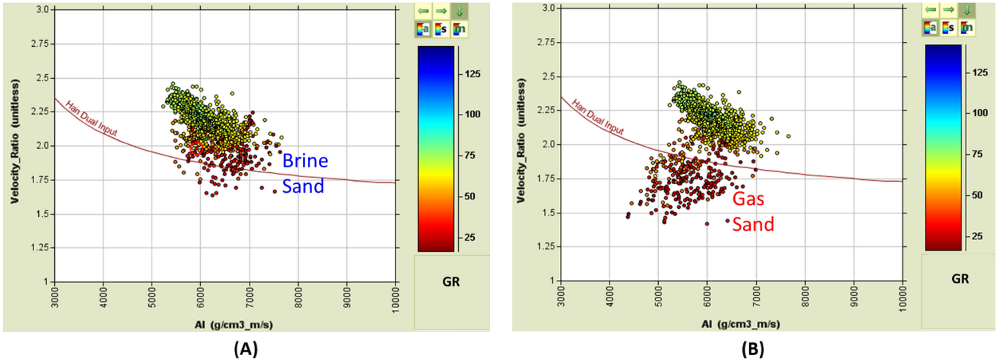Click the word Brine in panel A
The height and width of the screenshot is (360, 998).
pyautogui.click(x=305, y=161)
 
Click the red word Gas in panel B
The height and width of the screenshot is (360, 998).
pyautogui.click(x=748, y=199)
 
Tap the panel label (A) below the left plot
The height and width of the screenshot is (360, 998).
pyautogui.click(x=246, y=349)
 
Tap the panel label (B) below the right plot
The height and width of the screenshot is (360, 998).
pyautogui.click(x=752, y=349)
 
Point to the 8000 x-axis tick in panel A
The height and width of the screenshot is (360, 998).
pyautogui.click(x=298, y=297)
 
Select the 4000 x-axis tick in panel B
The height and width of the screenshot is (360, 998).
pyautogui.click(x=610, y=297)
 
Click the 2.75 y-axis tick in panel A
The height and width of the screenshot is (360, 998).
pyautogui.click(x=40, y=44)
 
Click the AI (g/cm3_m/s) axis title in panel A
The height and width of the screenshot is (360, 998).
pyautogui.click(x=234, y=325)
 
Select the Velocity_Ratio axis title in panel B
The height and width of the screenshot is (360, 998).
pyautogui.click(x=521, y=140)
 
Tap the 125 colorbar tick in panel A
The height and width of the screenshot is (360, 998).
pyautogui.click(x=472, y=74)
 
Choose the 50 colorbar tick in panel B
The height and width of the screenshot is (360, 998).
pyautogui.click(x=977, y=195)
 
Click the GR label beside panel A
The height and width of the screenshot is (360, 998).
pyautogui.click(x=451, y=282)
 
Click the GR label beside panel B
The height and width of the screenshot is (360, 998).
pyautogui.click(x=960, y=279)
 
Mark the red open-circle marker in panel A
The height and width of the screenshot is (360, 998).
pyautogui.click(x=196, y=148)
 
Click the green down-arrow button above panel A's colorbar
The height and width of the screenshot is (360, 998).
pyautogui.click(x=459, y=11)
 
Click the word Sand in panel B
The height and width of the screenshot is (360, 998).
pyautogui.click(x=753, y=224)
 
